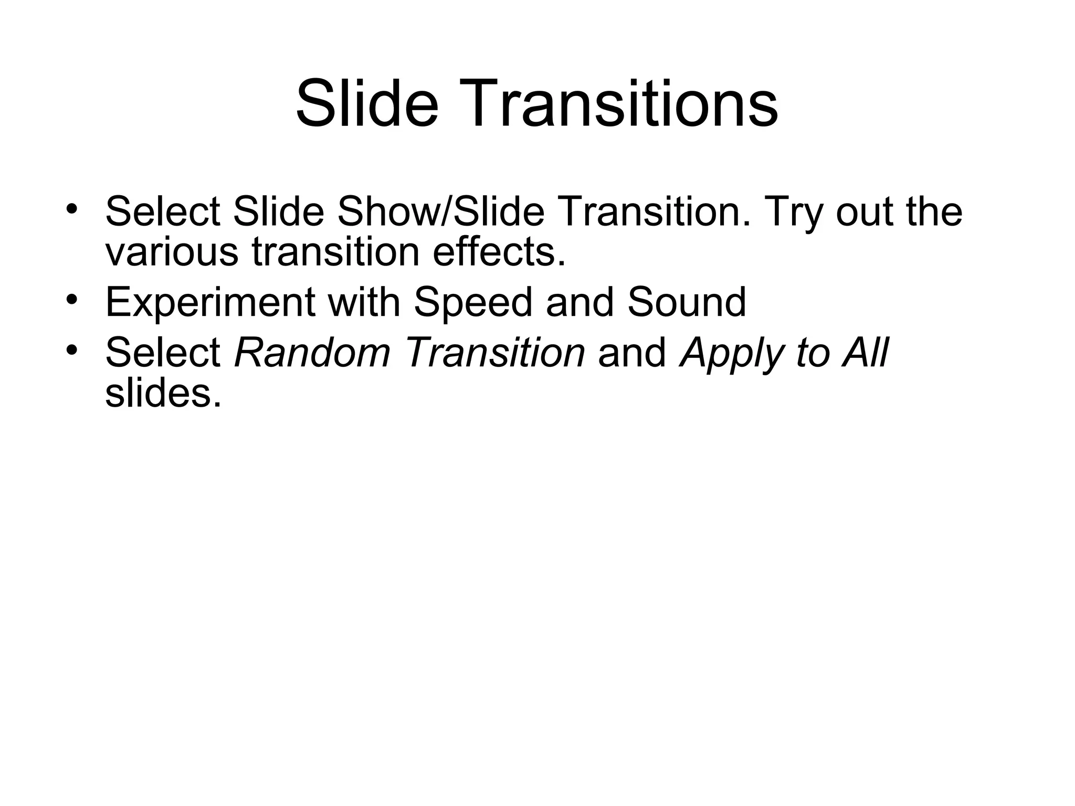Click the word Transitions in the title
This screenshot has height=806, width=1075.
(619, 104)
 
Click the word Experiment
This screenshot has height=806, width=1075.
(210, 303)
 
